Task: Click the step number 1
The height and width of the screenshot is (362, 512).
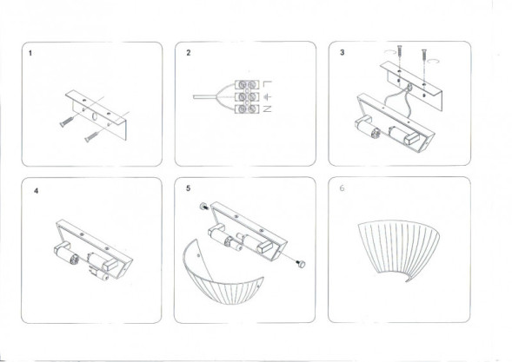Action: [31, 54]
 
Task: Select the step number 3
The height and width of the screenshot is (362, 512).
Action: [342, 54]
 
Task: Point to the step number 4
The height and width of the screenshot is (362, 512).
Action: [36, 189]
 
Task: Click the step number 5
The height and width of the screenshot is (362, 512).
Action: [189, 188]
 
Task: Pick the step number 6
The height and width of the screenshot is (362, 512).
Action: [342, 189]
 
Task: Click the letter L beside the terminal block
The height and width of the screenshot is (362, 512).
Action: [268, 83]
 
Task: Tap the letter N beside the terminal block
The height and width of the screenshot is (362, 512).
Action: [268, 109]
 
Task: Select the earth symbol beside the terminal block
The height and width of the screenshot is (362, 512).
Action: [268, 96]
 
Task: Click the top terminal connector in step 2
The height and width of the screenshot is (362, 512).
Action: [249, 84]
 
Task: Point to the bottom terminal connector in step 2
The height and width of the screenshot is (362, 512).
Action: [249, 109]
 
